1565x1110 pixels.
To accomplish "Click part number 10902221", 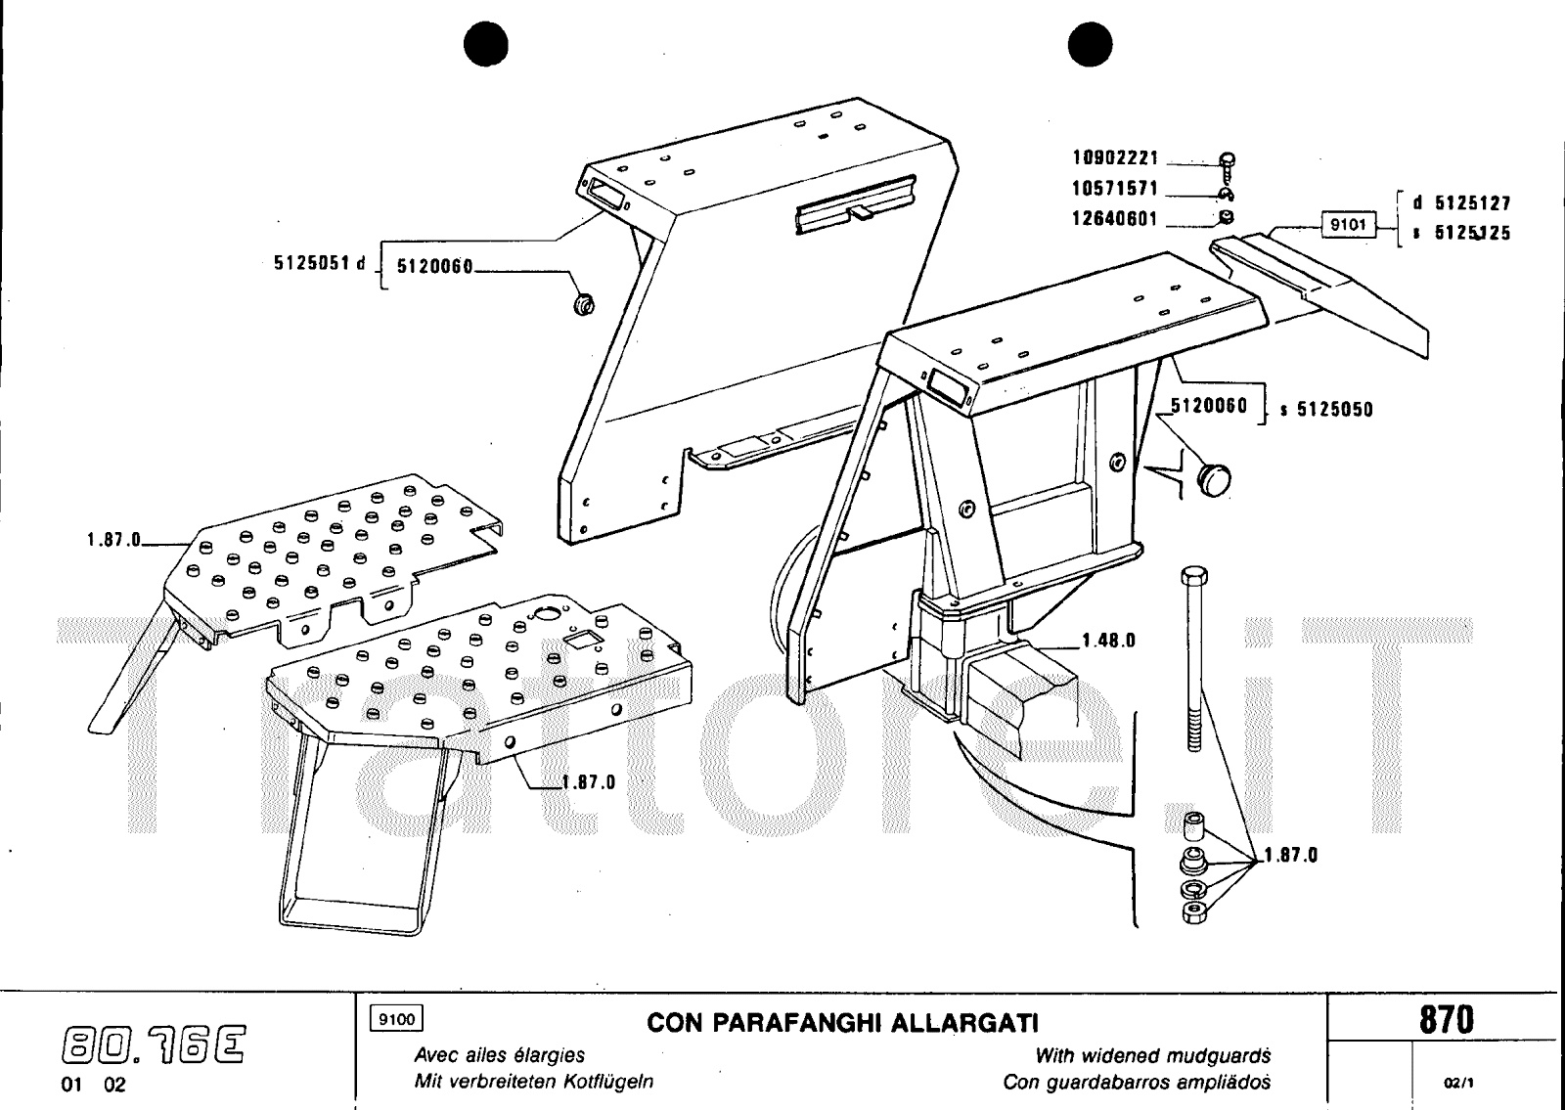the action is coord(1115,158).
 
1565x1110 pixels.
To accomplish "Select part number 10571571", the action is coord(1115,189).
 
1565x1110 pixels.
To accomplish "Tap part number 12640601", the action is coord(1115,219).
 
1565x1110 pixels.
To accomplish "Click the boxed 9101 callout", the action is coord(1349,226).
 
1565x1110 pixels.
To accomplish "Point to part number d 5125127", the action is coord(1460,203).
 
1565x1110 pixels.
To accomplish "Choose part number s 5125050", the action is coord(1326,410).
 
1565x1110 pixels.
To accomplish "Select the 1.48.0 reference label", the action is coord(1108,642).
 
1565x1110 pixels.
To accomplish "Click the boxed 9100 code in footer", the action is coord(395,1019).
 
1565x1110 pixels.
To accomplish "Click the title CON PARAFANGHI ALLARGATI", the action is coord(842,1023).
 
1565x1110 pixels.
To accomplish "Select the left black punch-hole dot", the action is coord(488,45).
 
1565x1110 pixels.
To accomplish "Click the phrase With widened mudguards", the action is coord(1152,1056).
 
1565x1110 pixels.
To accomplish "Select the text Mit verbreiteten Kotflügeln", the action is coord(534,1083).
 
